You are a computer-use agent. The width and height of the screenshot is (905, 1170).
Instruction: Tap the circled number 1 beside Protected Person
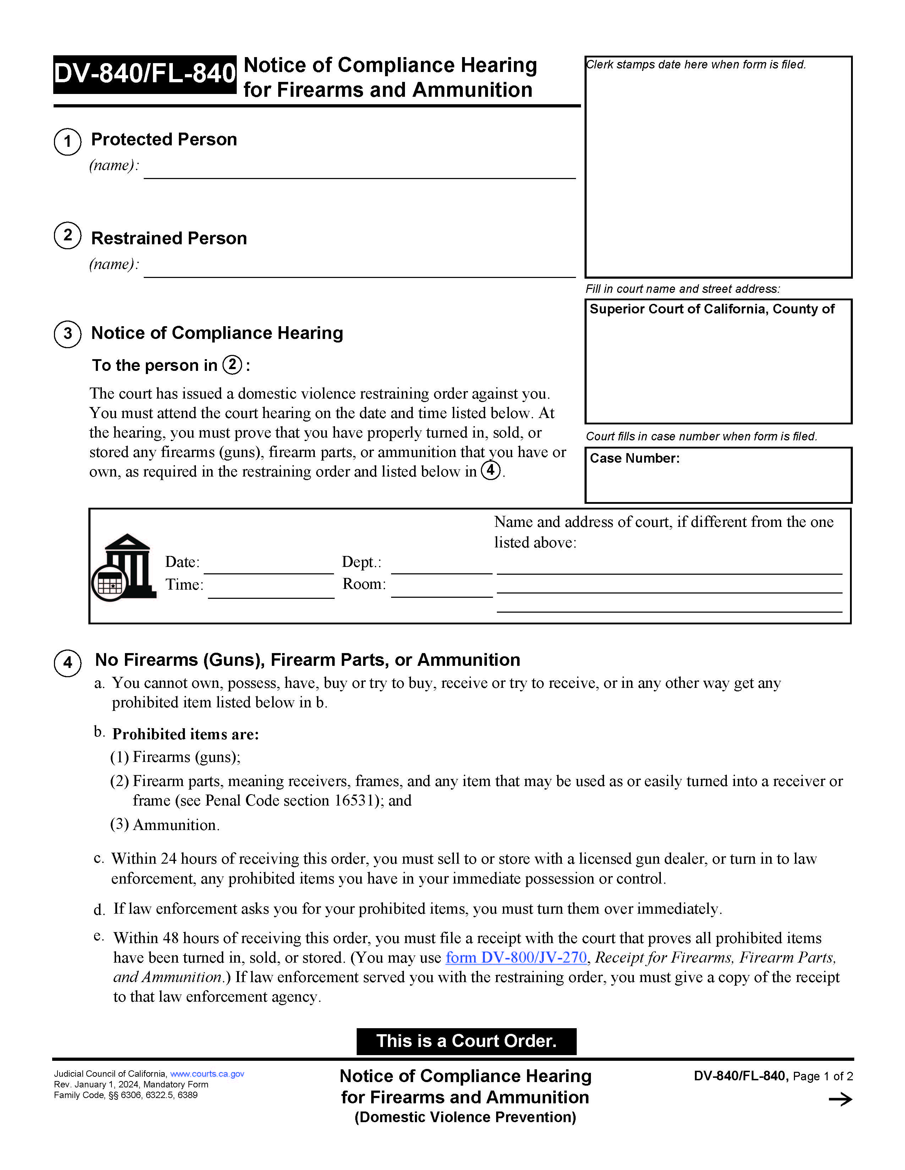67,142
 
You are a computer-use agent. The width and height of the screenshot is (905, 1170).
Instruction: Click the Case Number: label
634,458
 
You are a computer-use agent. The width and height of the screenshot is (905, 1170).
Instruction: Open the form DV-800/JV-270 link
516,957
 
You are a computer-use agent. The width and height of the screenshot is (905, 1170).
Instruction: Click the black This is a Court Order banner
466,1041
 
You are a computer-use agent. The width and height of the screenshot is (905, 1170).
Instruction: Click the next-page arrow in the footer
840,1099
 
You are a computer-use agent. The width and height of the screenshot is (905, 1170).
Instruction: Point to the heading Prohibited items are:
186,734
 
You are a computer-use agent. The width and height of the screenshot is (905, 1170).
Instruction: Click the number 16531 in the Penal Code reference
353,800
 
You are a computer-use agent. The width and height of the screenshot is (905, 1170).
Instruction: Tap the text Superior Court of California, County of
712,309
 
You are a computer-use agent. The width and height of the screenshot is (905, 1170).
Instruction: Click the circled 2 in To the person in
232,365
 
